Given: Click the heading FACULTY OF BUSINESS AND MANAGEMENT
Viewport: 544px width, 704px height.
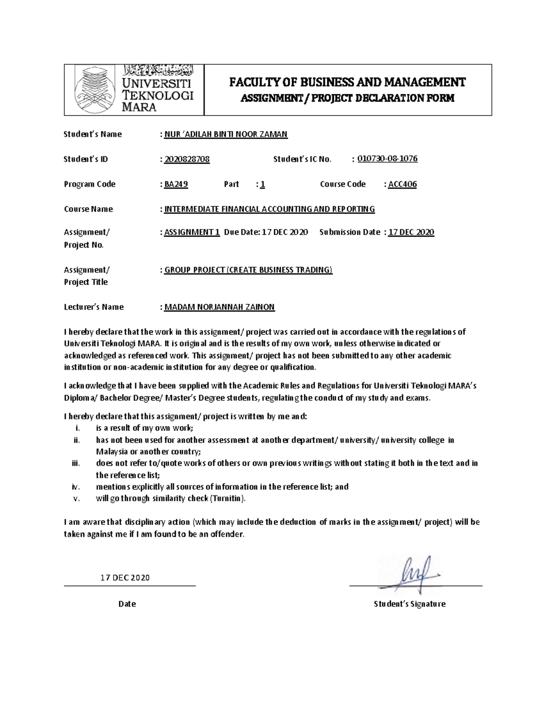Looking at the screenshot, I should [x=347, y=82].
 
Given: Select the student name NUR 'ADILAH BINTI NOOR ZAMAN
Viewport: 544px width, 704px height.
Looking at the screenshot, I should [x=226, y=134].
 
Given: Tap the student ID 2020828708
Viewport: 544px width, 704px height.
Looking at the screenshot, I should [x=187, y=159].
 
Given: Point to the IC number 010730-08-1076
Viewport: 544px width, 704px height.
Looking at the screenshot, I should [x=388, y=159].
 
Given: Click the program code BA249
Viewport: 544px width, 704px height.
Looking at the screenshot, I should [x=176, y=184].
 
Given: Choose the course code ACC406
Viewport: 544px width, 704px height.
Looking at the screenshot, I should [x=403, y=184].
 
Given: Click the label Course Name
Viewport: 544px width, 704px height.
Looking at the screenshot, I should [x=88, y=209].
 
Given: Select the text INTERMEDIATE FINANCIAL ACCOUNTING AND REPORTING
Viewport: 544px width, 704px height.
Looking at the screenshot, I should [x=269, y=209].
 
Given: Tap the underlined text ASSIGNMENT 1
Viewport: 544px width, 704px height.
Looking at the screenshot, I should [x=192, y=232].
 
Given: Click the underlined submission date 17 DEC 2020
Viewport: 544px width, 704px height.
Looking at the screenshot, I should [x=411, y=232].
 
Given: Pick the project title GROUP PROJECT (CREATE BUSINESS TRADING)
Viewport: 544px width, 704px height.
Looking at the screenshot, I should [x=248, y=270].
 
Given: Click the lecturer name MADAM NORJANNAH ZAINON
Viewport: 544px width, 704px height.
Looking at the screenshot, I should [x=219, y=307].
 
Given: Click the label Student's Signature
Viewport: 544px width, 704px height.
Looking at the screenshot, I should [x=409, y=604].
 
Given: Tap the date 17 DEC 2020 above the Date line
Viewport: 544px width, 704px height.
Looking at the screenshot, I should [x=125, y=578].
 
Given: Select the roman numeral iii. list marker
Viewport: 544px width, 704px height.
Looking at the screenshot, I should [x=76, y=463].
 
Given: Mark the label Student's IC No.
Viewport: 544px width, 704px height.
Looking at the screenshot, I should [x=302, y=159].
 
